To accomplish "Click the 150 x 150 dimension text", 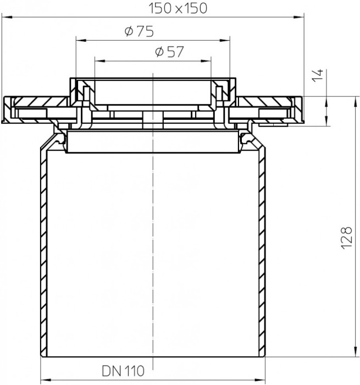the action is (x=178, y=8).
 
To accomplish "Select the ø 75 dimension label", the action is (x=140, y=31).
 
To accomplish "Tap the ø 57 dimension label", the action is (x=170, y=52).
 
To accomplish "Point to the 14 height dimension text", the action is (x=318, y=75).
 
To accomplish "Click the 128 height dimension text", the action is (x=347, y=238).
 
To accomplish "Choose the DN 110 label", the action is (x=123, y=371).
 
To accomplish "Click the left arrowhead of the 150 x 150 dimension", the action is (x=7, y=17).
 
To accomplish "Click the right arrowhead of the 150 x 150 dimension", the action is (x=299, y=17).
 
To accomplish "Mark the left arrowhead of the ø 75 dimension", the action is (x=81, y=40).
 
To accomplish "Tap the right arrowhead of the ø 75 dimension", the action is (x=225, y=40).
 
